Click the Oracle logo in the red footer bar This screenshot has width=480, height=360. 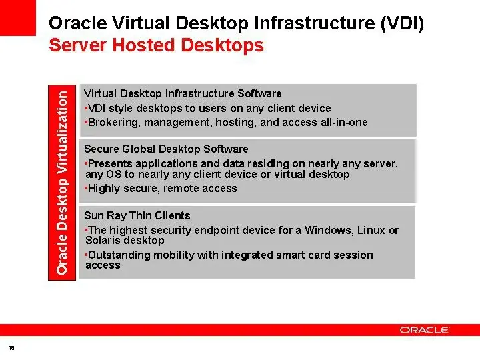tap(424, 330)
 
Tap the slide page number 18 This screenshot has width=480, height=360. tap(11, 348)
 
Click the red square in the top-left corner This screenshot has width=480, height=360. tap(18, 18)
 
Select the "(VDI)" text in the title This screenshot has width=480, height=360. tap(402, 23)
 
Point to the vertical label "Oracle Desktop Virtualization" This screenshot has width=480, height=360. tap(62, 183)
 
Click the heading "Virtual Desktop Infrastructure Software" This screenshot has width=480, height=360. tap(183, 93)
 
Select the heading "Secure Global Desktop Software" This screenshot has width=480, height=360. tap(166, 149)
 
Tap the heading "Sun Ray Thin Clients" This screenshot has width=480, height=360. tap(137, 215)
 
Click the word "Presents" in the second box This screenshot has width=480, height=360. tap(110, 163)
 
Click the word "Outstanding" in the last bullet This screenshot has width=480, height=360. tap(119, 255)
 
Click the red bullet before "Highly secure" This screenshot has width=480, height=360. tap(86, 188)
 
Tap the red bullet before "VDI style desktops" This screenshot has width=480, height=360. tap(86, 108)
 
